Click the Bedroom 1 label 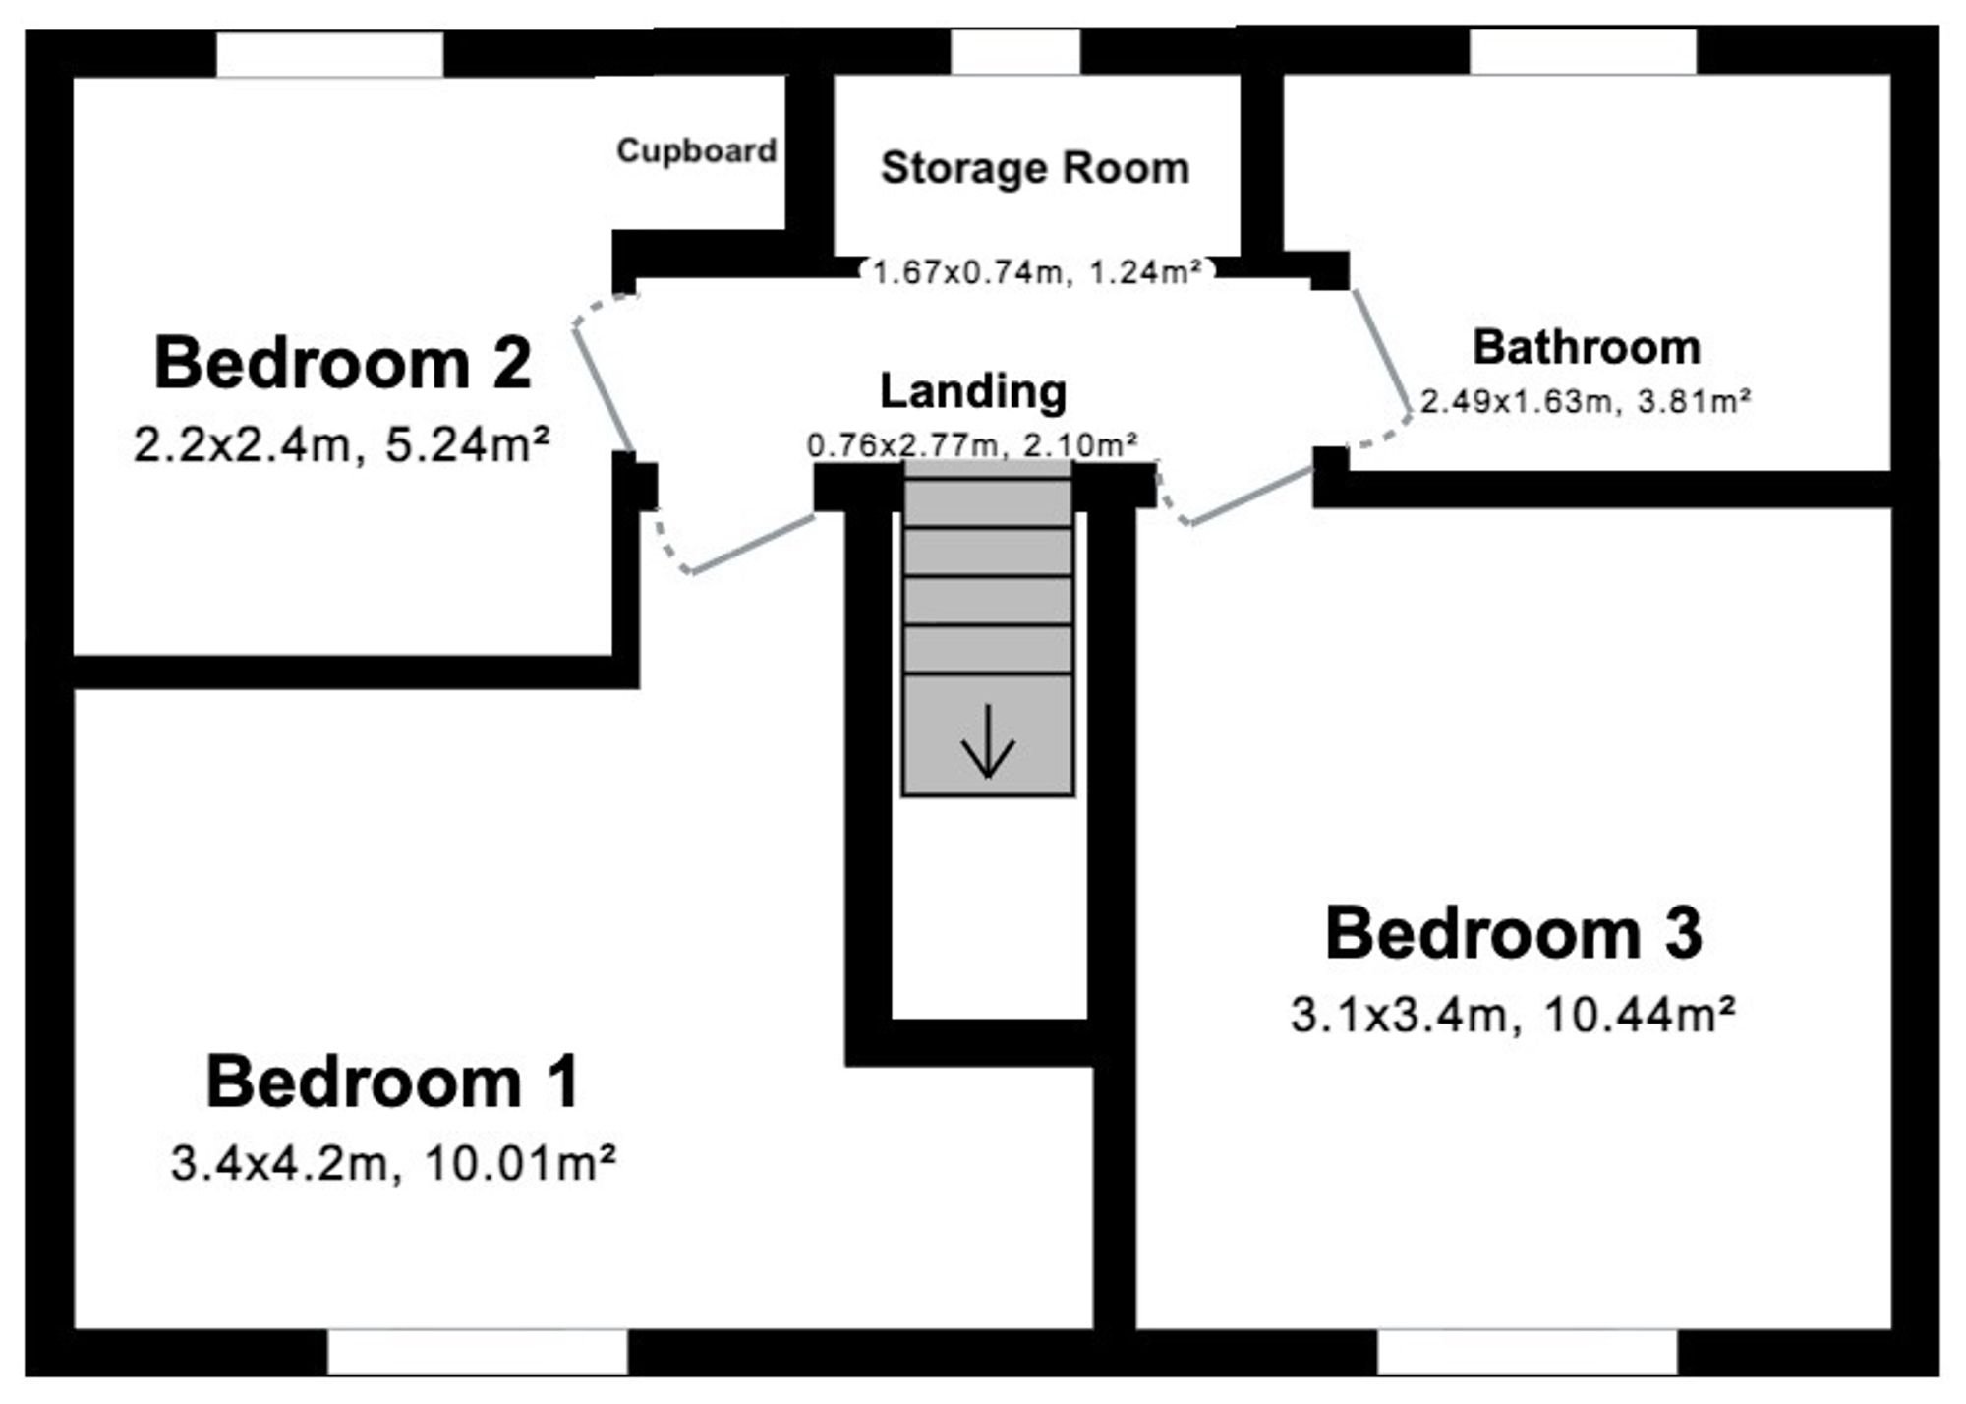[x=392, y=1082]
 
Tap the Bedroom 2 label [x=343, y=363]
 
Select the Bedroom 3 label [x=1514, y=933]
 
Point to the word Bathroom [x=1587, y=347]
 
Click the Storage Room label [x=1035, y=168]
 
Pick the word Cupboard [x=697, y=150]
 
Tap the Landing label [x=973, y=391]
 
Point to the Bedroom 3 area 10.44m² [x=1640, y=1014]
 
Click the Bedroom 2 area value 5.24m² [x=467, y=445]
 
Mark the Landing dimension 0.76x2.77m [x=905, y=445]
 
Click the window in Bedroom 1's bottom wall [x=478, y=1352]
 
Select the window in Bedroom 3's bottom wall [x=1527, y=1352]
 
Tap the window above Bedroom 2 [x=330, y=54]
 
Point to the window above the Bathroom [x=1584, y=51]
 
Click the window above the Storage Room [x=1016, y=51]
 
